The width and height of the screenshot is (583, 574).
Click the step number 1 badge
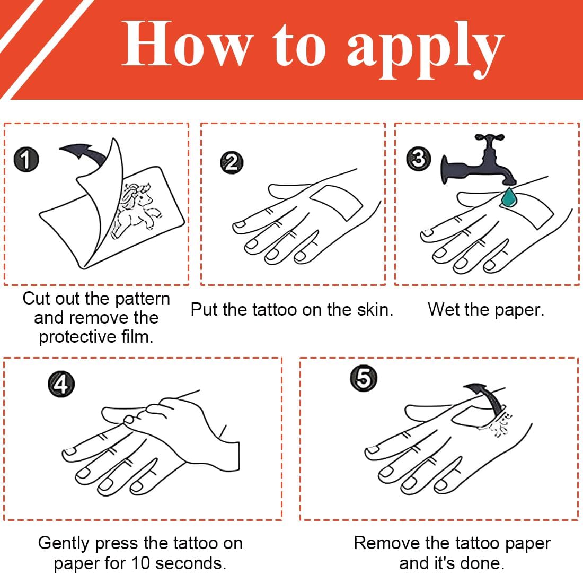tap(26, 159)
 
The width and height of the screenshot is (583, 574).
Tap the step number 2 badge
tap(232, 162)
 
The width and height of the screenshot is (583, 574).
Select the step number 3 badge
tap(419, 159)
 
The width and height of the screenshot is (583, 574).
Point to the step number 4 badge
tap(61, 384)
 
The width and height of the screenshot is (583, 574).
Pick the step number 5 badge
tap(364, 378)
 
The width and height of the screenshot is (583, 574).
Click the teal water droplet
tap(508, 197)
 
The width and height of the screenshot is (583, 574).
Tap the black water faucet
tap(478, 160)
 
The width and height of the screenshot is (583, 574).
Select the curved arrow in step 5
tap(490, 398)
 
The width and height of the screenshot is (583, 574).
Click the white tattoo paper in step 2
tap(337, 203)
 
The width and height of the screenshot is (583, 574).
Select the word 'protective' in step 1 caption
tap(78, 337)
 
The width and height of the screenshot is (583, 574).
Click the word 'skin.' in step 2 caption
tap(375, 310)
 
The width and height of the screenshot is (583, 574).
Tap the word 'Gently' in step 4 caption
tap(64, 543)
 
